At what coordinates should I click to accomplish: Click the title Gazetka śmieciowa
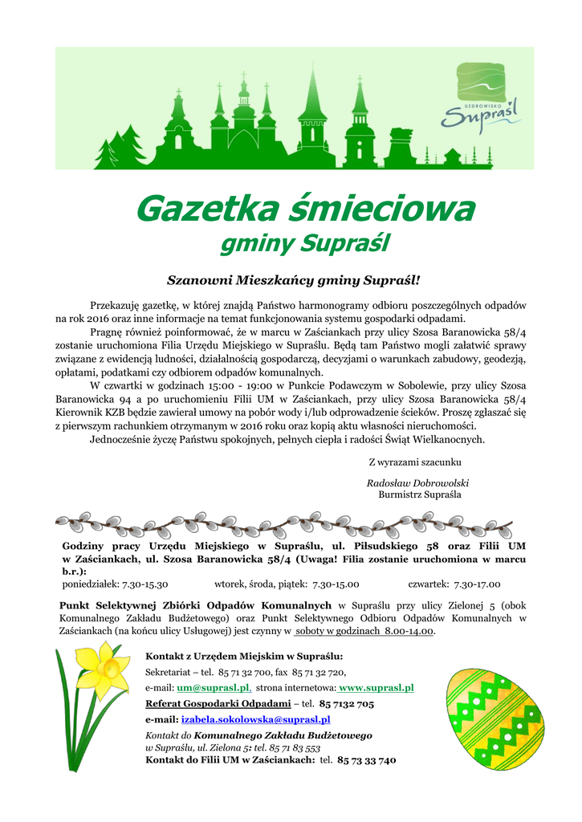[x=304, y=210]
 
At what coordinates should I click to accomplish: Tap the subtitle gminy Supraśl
[x=304, y=242]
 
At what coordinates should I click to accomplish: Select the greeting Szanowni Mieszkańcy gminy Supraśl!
[x=293, y=280]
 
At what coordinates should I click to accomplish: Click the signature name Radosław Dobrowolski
[x=417, y=482]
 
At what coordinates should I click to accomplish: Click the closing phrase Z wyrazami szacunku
[x=414, y=462]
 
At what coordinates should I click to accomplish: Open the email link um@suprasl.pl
[x=214, y=688]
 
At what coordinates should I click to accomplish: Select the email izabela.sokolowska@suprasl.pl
[x=255, y=720]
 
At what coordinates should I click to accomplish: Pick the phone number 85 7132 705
[x=347, y=704]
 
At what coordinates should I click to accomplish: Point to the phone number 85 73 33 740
[x=367, y=759]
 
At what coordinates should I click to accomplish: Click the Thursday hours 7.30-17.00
[x=477, y=584]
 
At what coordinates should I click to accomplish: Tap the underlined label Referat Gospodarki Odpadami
[x=218, y=704]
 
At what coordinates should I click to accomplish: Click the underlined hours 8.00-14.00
[x=409, y=631]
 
